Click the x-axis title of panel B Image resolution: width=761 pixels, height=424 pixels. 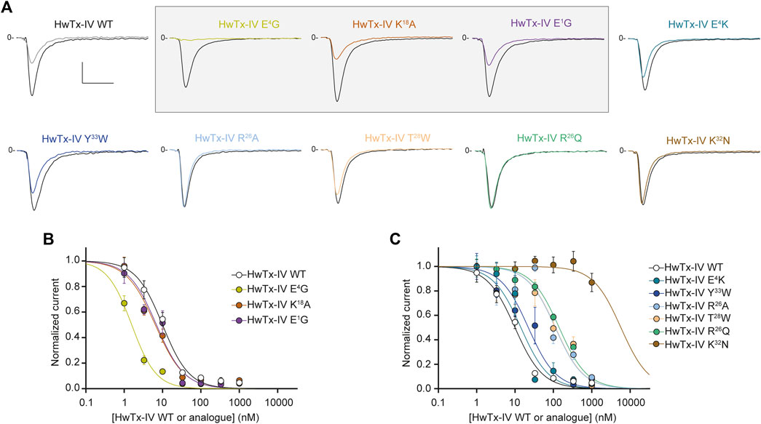[x=183, y=415]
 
